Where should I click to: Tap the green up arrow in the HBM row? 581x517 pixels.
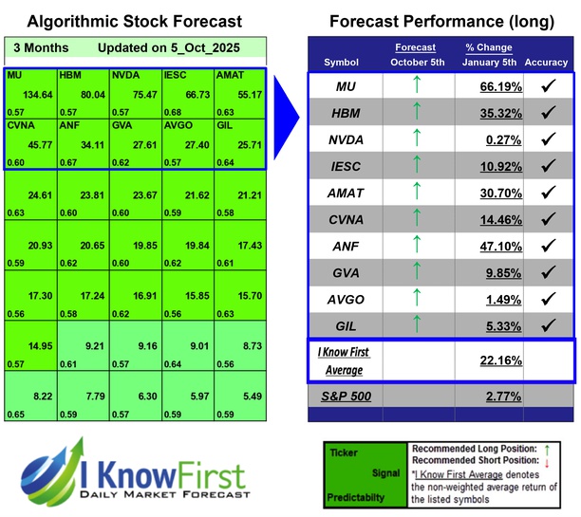click(x=414, y=114)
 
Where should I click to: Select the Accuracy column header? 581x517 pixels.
click(x=546, y=63)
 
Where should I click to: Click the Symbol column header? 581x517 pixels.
click(x=342, y=63)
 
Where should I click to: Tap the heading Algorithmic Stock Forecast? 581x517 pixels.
click(x=134, y=21)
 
